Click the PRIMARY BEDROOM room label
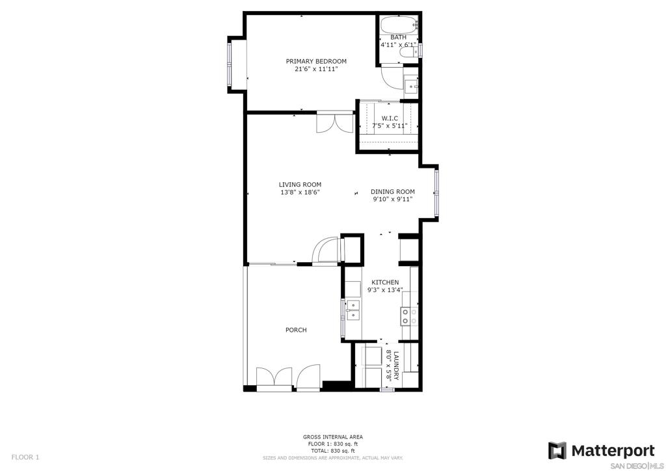pyautogui.click(x=316, y=61)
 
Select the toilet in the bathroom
pyautogui.click(x=409, y=51)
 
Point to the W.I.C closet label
pyautogui.click(x=390, y=118)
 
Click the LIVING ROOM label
pyautogui.click(x=300, y=184)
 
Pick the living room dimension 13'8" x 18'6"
pyautogui.click(x=300, y=192)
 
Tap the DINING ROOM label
pyautogui.click(x=392, y=191)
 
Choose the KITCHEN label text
pyautogui.click(x=385, y=282)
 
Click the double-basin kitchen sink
pyautogui.click(x=353, y=310)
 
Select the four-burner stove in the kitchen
pyautogui.click(x=410, y=316)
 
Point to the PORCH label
pyautogui.click(x=296, y=330)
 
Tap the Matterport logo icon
pyautogui.click(x=557, y=451)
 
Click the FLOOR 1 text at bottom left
pyautogui.click(x=25, y=457)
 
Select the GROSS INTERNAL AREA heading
pyautogui.click(x=333, y=437)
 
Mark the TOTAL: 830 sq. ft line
pyautogui.click(x=333, y=451)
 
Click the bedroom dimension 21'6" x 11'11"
pyautogui.click(x=316, y=69)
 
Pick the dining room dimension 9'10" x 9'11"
pyautogui.click(x=392, y=199)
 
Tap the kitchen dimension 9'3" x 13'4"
pyautogui.click(x=385, y=290)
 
